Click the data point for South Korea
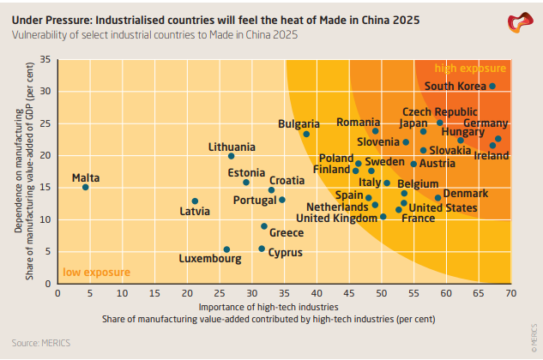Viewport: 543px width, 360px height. pos(492,86)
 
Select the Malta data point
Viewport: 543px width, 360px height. pos(85,187)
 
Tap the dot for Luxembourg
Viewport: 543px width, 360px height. pos(226,249)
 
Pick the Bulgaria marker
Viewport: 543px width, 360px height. pos(306,134)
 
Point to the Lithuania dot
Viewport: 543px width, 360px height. pos(232,156)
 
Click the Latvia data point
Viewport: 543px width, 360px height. pos(195,201)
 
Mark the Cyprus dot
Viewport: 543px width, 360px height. pos(262,249)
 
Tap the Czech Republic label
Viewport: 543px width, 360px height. pos(439,112)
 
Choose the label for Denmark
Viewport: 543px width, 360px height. pos(465,194)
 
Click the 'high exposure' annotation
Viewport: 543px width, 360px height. pos(470,69)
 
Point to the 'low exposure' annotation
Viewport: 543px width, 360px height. pos(96,273)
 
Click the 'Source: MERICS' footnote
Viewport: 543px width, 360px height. pos(40,343)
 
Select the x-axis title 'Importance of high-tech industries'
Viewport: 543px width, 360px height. pos(268,306)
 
